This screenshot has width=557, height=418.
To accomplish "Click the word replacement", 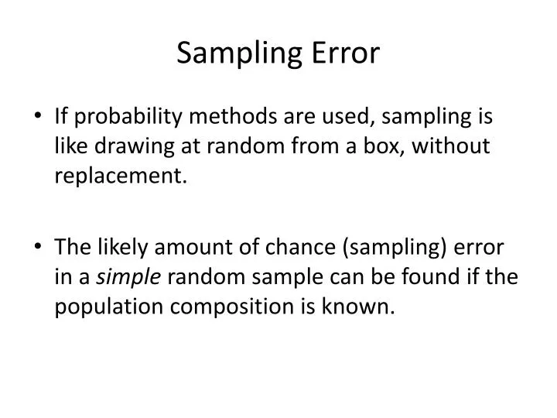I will pos(120,177).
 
